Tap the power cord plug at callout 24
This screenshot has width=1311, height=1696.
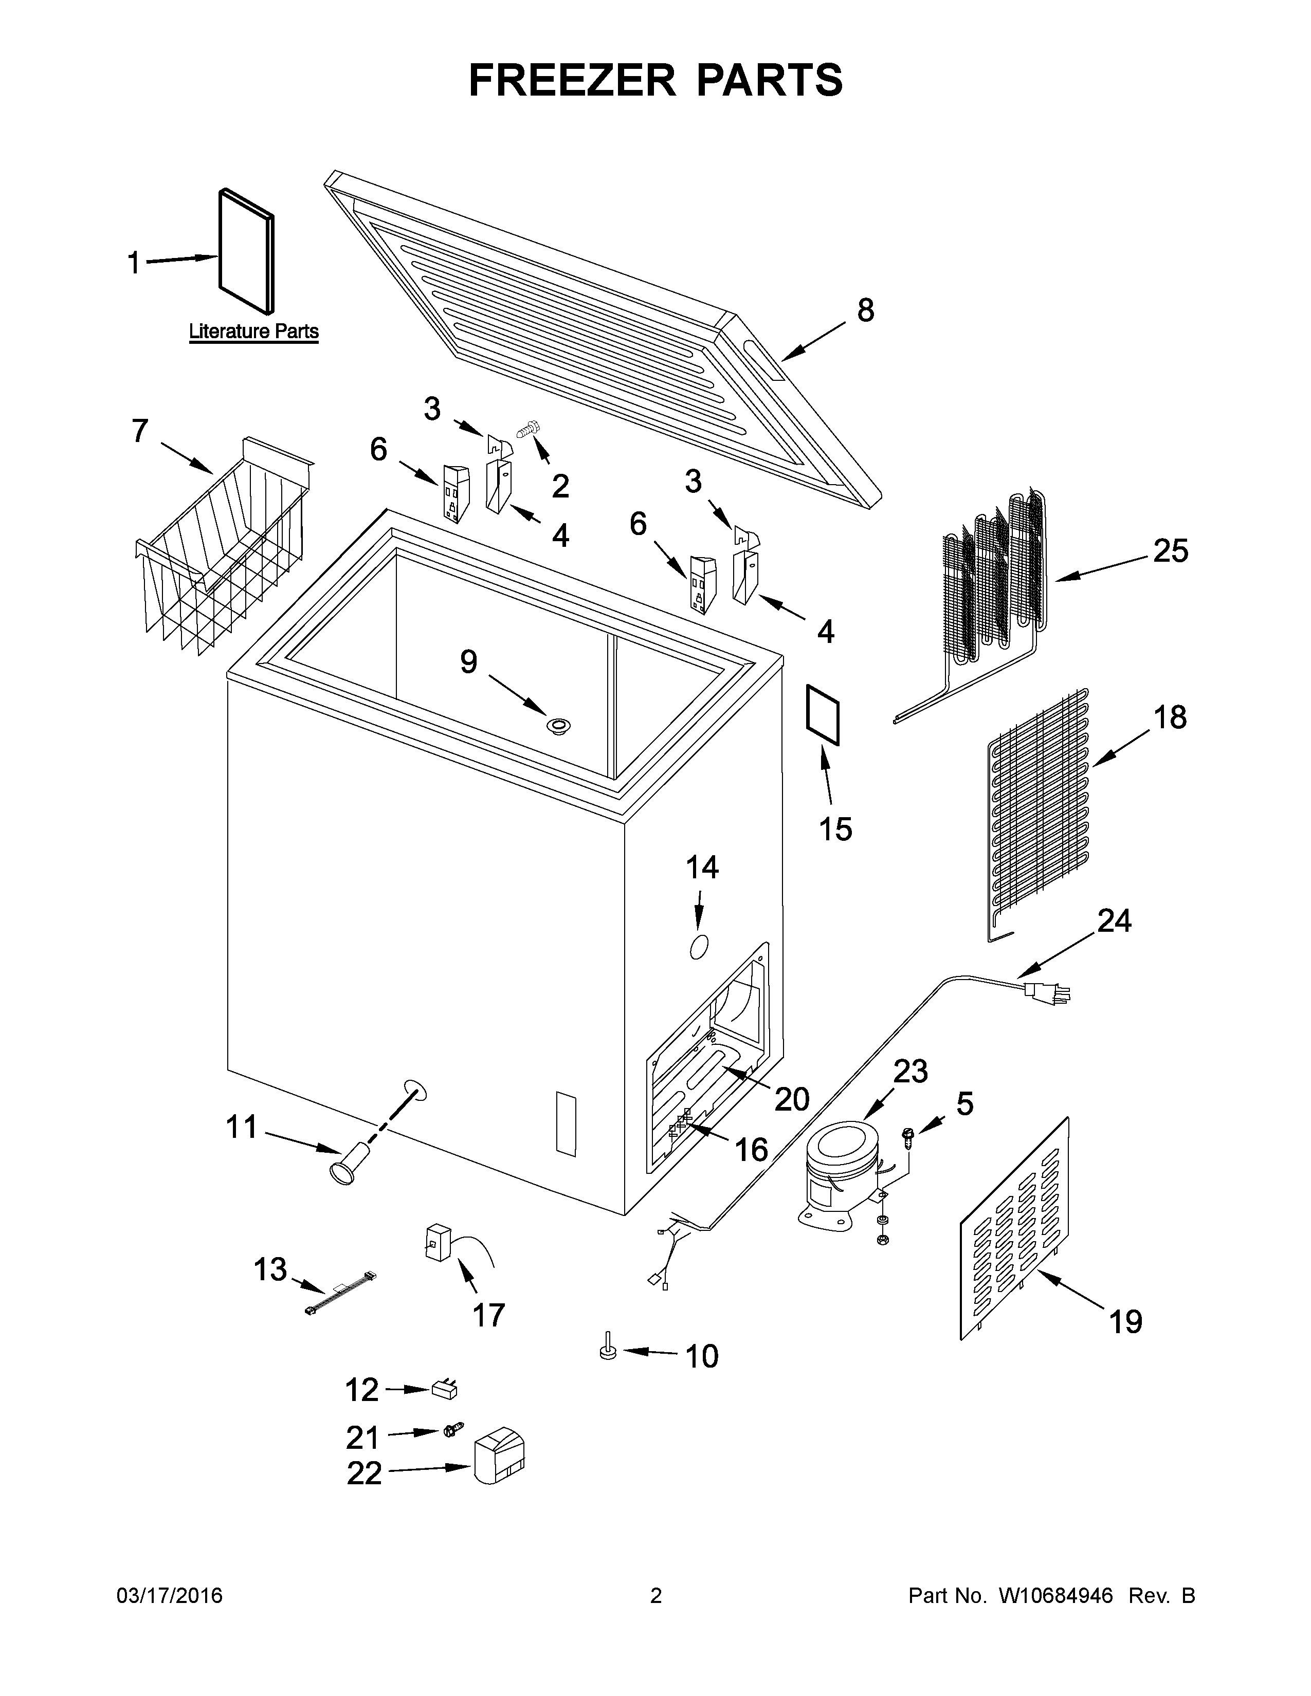point(1045,992)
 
